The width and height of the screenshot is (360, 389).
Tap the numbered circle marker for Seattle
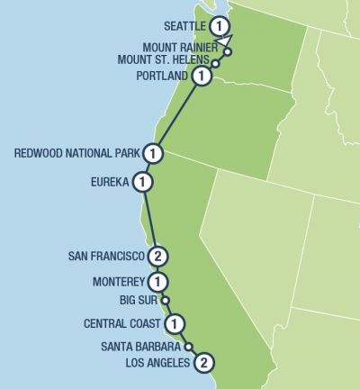pos(221,25)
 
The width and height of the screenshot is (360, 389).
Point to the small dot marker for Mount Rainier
pos(228,51)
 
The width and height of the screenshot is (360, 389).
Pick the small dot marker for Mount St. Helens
pos(215,64)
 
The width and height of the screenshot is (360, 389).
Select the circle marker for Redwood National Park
pos(154,154)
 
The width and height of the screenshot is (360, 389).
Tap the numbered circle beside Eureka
pos(142,183)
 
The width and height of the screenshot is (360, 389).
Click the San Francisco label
pos(106,256)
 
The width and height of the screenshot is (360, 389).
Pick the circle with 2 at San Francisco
pos(157,256)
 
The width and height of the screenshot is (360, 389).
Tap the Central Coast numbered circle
pos(176,323)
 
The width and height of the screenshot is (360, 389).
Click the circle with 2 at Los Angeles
pos(205,363)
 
